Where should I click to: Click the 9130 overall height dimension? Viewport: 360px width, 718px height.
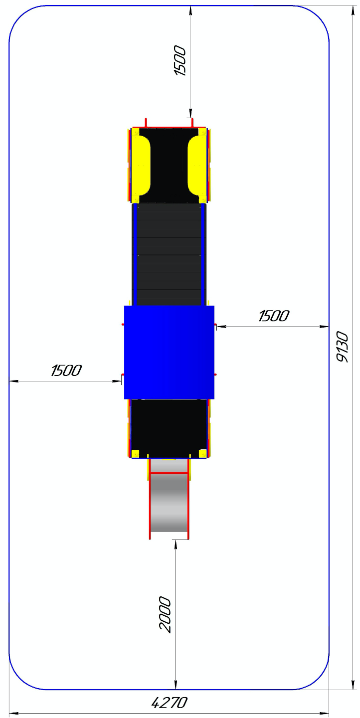(343, 347)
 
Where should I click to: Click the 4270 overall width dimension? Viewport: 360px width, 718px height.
(169, 703)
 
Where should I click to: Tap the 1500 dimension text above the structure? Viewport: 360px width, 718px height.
(180, 61)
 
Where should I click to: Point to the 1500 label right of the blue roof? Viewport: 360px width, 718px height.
(274, 316)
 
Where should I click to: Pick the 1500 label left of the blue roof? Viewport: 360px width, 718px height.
(66, 370)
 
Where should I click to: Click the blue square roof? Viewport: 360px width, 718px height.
(169, 352)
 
